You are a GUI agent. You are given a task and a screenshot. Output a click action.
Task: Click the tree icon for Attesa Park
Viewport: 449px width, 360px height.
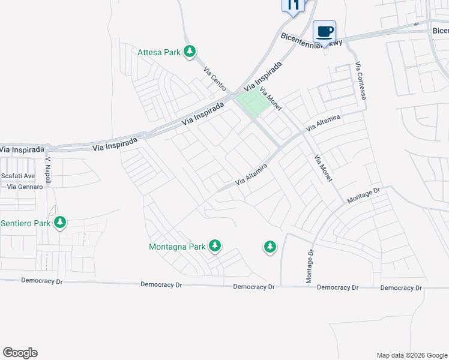(190, 52)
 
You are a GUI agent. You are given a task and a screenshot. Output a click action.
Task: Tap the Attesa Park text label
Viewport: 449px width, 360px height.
(159, 52)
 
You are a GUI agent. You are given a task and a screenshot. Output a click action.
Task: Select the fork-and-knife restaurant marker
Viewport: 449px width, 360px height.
(292, 5)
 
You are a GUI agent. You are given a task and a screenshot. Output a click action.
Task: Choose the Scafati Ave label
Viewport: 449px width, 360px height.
(18, 176)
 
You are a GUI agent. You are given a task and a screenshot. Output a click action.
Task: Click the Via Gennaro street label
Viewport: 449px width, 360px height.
(25, 187)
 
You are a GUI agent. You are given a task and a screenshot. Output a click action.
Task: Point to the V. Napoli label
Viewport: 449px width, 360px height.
(48, 172)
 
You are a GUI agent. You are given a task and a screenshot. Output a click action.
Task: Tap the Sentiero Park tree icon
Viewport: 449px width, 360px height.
(60, 223)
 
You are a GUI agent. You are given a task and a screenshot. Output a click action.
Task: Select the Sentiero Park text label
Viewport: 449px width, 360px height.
(26, 223)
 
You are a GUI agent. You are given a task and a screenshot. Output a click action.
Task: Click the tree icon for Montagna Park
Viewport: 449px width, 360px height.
(215, 246)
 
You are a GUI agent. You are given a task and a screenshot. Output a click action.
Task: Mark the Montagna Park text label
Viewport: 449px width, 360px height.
(177, 246)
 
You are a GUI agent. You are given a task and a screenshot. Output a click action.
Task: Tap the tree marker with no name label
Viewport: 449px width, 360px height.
(270, 247)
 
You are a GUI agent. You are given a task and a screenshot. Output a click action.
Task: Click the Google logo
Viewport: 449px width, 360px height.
(20, 353)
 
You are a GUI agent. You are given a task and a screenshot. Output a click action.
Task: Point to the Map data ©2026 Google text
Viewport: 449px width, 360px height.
(411, 355)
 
